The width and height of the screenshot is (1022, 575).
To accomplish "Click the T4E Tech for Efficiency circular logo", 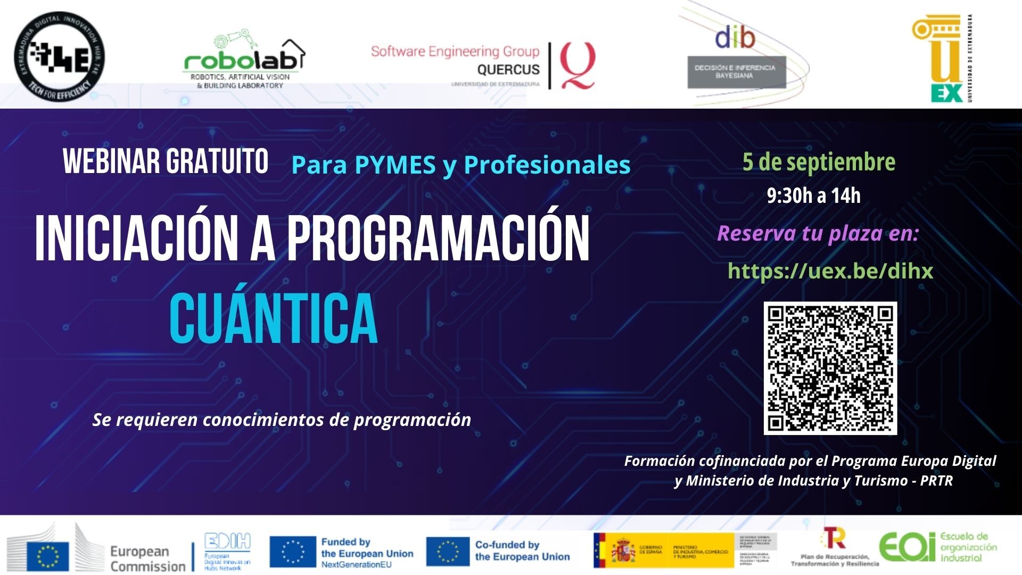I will click(x=59, y=57).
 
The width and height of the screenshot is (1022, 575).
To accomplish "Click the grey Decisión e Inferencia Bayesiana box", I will click(x=736, y=72).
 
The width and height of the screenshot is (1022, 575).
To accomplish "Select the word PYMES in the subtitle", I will click(x=394, y=165).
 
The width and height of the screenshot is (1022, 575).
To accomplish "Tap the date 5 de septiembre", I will click(x=819, y=162).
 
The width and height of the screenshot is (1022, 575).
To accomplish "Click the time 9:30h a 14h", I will click(x=813, y=196).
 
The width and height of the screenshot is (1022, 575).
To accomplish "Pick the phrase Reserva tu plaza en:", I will click(x=818, y=233).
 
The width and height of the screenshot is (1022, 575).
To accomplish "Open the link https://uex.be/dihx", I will click(x=830, y=271).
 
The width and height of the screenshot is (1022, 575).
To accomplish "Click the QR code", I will click(x=830, y=368).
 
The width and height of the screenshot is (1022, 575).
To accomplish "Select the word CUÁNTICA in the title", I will click(x=273, y=318).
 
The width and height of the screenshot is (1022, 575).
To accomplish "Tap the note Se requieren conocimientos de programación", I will click(x=282, y=420).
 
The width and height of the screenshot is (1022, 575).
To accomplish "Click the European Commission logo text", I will click(x=146, y=558).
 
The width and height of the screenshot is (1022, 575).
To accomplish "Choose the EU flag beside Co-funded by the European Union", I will click(x=448, y=552).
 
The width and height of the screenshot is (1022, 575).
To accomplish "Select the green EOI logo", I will click(x=906, y=547).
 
